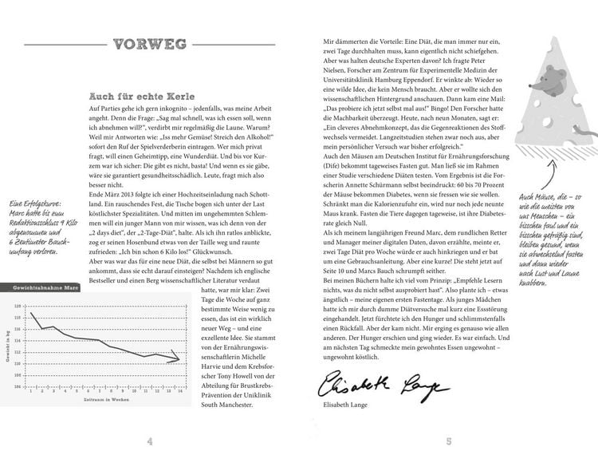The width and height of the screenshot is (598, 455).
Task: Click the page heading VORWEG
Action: pos(151,45)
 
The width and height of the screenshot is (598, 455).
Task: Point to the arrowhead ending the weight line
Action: pos(177,360)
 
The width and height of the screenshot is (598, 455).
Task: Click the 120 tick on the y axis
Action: pos(18,306)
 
